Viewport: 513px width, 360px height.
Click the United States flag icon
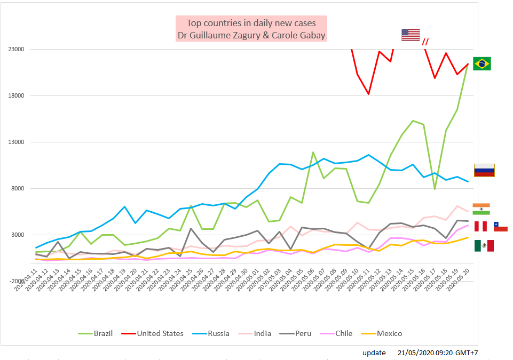coord(411,35)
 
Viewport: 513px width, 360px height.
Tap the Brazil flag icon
coord(482,63)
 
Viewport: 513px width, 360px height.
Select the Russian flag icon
coord(484,170)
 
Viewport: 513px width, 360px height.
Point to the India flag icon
coord(481,209)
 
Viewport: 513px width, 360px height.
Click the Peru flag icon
coord(480,226)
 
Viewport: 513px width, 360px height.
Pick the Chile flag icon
coord(500,227)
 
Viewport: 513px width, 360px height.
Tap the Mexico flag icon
coord(484,245)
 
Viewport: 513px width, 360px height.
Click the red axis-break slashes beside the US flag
coord(425,42)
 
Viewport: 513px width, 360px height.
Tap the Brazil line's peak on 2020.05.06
coord(313,153)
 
